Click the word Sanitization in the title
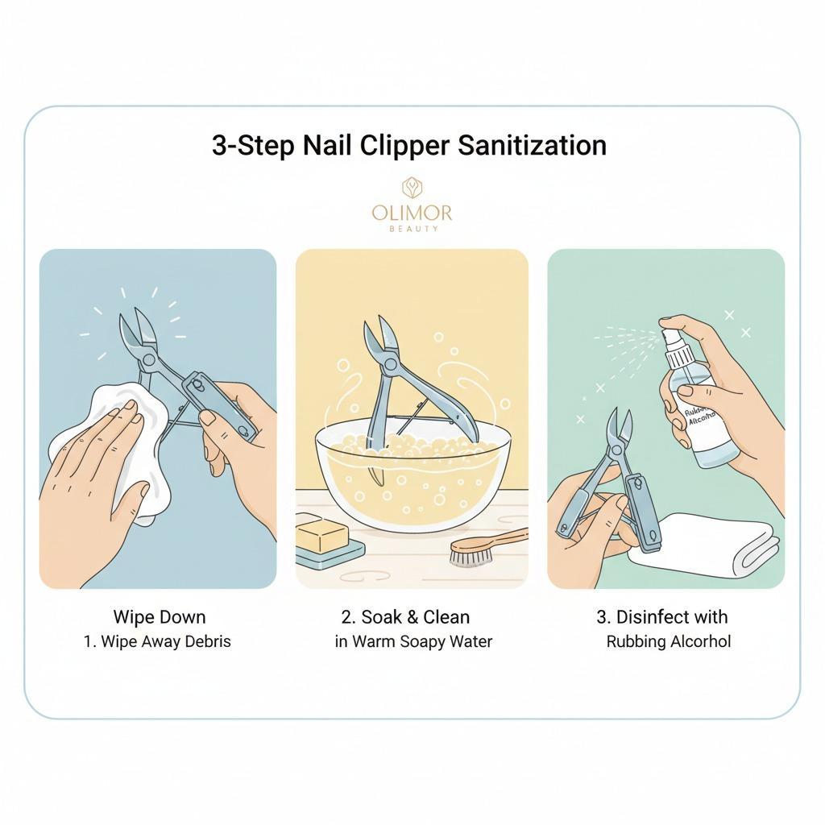coord(532,145)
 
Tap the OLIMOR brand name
coord(412,213)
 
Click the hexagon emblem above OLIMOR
coord(412,188)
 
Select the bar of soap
coord(322,533)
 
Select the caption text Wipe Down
coord(160,616)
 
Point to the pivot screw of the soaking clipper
coord(391,364)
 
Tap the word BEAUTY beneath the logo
coord(413,228)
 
